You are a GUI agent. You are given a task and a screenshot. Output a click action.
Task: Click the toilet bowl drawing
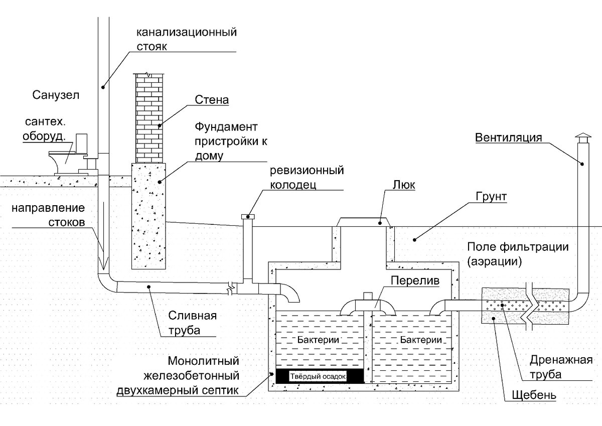[64, 163]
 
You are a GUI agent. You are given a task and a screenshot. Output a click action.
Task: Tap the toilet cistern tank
[82, 144]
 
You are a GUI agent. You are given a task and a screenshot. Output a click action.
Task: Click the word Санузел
[56, 95]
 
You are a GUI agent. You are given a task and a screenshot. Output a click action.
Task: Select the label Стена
[212, 100]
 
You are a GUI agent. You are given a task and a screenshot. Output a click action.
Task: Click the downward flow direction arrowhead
[103, 263]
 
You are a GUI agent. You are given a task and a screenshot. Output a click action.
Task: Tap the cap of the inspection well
[248, 216]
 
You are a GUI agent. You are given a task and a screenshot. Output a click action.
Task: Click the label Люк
[404, 185]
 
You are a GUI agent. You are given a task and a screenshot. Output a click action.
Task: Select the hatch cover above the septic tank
[363, 222]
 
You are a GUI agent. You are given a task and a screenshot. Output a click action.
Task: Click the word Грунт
[491, 197]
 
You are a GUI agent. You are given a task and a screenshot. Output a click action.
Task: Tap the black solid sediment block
[320, 376]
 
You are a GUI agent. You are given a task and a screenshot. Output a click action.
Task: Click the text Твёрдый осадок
[318, 376]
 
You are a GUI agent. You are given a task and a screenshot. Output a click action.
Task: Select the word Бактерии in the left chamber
[318, 340]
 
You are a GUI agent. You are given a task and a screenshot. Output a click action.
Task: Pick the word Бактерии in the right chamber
[421, 340]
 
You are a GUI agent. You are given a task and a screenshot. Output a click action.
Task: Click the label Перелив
[415, 280]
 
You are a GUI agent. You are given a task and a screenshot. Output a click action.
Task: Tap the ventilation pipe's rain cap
[583, 138]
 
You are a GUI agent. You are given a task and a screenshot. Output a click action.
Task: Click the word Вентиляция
[509, 137]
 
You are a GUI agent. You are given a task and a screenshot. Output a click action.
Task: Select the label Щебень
[534, 395]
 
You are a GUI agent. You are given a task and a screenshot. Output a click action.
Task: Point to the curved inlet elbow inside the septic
[290, 293]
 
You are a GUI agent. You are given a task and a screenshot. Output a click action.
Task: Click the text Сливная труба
[193, 323]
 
